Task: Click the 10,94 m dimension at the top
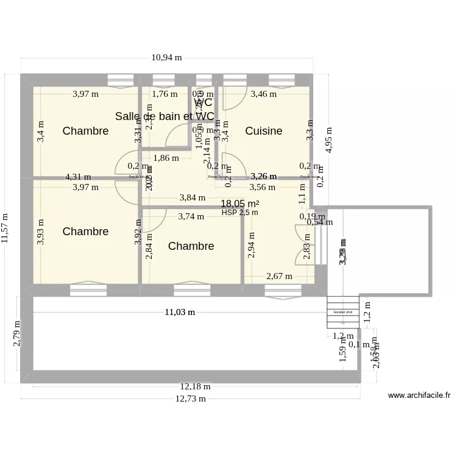(166, 58)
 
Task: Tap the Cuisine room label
(263, 131)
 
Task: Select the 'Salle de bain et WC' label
(165, 116)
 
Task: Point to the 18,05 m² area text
(239, 204)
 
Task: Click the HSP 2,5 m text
(239, 213)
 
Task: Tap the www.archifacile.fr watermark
(419, 395)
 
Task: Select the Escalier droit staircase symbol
(342, 312)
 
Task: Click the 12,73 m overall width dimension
(190, 399)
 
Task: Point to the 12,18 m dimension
(195, 386)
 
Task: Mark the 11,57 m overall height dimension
(6, 228)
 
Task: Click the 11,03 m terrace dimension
(180, 312)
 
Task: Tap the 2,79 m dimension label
(17, 334)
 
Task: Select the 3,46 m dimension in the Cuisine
(263, 94)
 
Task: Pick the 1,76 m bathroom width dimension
(165, 94)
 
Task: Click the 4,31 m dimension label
(78, 177)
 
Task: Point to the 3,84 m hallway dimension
(191, 197)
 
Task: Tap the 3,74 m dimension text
(191, 216)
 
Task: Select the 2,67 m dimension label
(279, 275)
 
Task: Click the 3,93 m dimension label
(40, 232)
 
